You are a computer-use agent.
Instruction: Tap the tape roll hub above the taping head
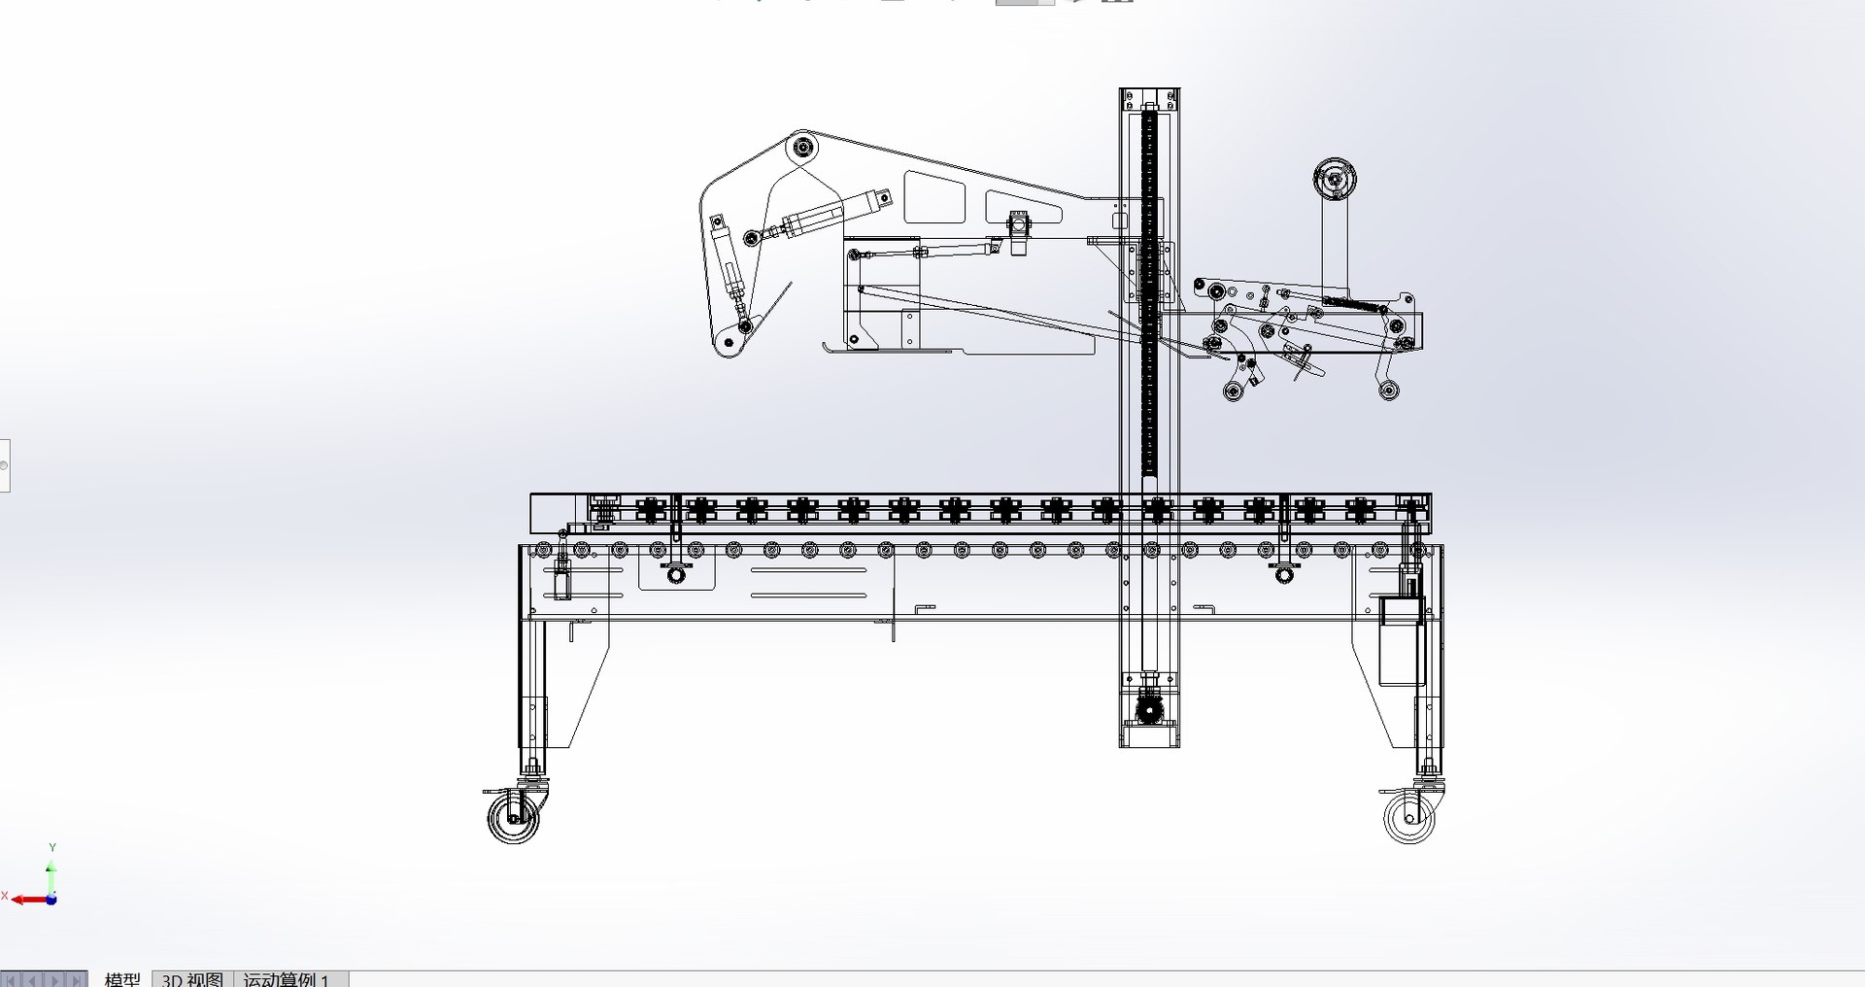(1334, 180)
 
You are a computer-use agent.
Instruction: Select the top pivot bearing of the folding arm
(802, 149)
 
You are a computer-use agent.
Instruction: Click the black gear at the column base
(1149, 708)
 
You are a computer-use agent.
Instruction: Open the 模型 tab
(122, 979)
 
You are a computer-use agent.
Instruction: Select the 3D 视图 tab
(192, 979)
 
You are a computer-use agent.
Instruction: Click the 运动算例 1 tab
(287, 979)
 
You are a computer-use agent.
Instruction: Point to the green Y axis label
(52, 848)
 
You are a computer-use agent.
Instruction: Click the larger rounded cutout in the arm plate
(934, 197)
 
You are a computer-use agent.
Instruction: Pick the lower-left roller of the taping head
(1234, 391)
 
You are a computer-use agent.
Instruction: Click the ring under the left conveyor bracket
(677, 576)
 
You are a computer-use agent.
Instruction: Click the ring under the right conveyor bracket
(1285, 576)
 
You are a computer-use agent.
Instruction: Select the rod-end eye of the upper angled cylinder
(751, 236)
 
